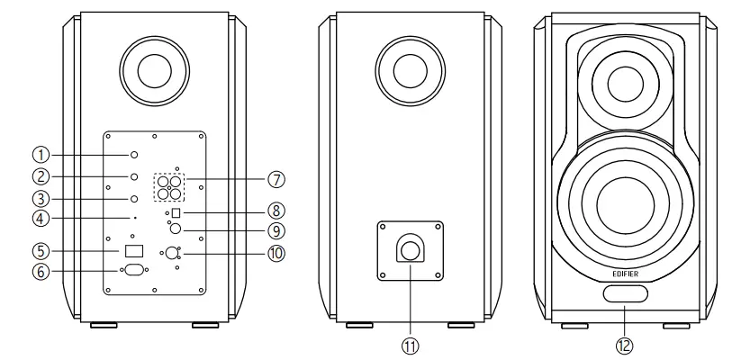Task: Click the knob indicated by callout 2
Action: click(133, 176)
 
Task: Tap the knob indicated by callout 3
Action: click(133, 198)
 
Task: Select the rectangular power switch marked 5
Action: click(134, 249)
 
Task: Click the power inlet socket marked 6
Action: click(134, 268)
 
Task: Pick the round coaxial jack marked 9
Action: click(175, 230)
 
